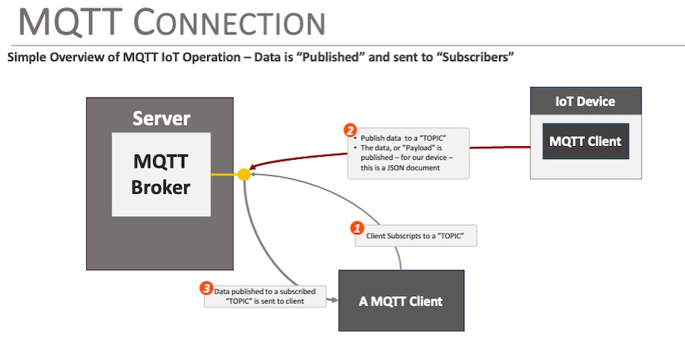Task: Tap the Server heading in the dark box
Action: point(161,119)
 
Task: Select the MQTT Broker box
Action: point(161,174)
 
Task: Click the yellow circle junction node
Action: point(244,174)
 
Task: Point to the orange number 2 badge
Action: point(350,130)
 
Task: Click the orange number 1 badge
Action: point(355,228)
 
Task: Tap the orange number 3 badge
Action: point(205,288)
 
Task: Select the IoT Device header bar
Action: point(585,101)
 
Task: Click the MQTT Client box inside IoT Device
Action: point(585,141)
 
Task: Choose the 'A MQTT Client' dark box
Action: point(400,301)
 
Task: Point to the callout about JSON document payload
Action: point(408,153)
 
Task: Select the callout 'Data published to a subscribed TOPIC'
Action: point(266,296)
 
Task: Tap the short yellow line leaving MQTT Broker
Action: point(224,174)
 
